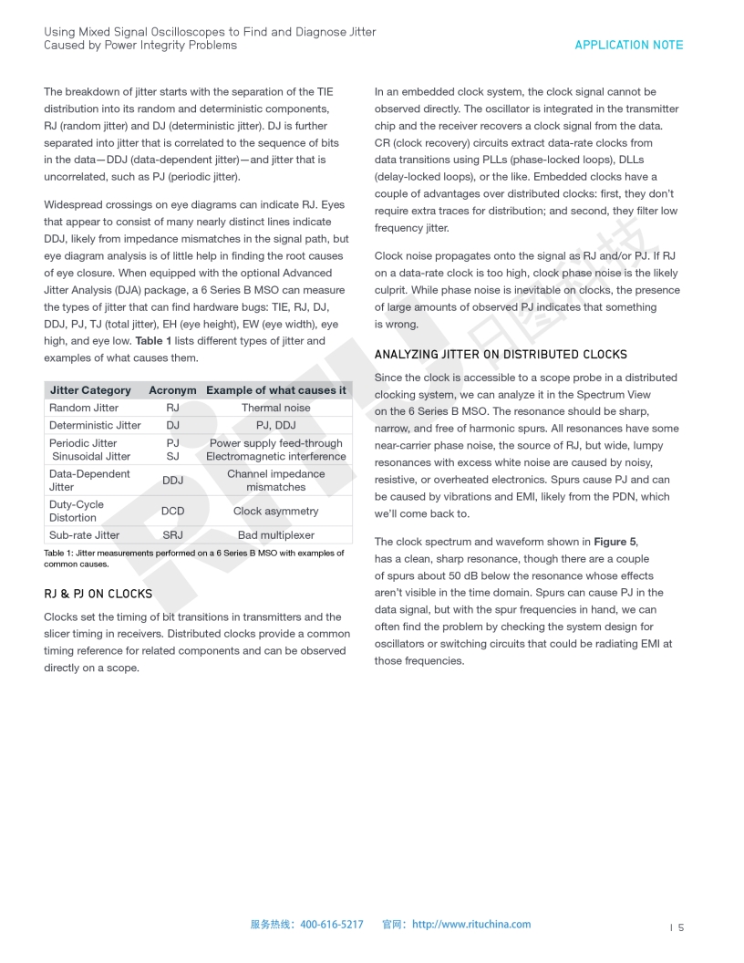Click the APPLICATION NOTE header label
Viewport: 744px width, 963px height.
(628, 45)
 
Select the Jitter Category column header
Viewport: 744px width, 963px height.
(90, 390)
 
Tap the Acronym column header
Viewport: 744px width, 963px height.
(172, 390)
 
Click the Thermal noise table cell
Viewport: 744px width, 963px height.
(275, 408)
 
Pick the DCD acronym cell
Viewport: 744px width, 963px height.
(172, 512)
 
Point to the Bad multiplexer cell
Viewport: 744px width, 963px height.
(275, 535)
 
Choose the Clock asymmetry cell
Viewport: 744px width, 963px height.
(275, 512)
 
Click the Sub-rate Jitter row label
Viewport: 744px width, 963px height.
(84, 535)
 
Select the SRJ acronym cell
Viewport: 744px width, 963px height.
(172, 535)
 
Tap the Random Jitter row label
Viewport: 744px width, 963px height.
(84, 408)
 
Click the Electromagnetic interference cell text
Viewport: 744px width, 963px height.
(275, 456)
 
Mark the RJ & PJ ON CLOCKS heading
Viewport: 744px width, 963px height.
(98, 594)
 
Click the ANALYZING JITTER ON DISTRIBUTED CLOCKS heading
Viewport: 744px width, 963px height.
(501, 354)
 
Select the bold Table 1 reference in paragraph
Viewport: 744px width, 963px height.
(153, 341)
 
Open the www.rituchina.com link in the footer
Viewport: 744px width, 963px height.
(471, 924)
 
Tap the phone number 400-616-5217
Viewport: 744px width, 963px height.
(332, 924)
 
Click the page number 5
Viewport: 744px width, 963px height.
(680, 927)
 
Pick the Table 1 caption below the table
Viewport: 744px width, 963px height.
(193, 558)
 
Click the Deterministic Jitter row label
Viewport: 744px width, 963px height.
(95, 425)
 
